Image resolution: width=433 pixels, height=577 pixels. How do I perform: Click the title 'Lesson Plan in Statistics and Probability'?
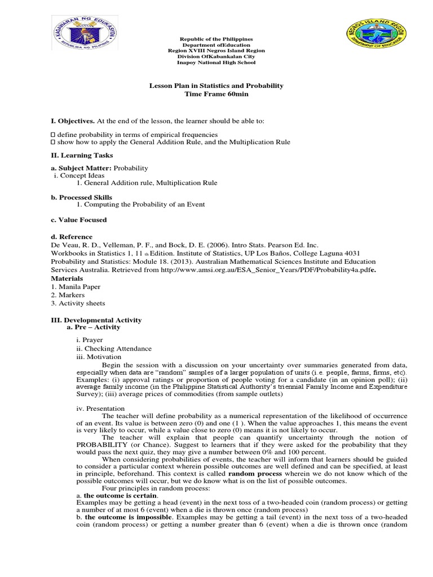pyautogui.click(x=216, y=86)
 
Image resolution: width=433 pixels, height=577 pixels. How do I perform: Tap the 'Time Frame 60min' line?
pyautogui.click(x=216, y=94)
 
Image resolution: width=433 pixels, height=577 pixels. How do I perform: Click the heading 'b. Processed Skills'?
pyautogui.click(x=82, y=197)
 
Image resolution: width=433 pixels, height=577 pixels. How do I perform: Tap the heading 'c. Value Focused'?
pyautogui.click(x=79, y=220)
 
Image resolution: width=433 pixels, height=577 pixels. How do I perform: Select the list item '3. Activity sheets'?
pyautogui.click(x=78, y=303)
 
